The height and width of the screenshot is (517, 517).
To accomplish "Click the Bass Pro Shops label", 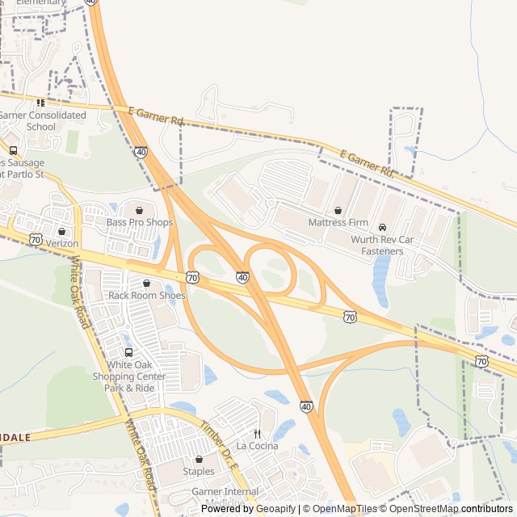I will [x=140, y=222].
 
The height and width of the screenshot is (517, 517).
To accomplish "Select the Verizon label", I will [x=62, y=243].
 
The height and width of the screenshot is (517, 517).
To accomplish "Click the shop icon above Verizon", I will [x=62, y=231].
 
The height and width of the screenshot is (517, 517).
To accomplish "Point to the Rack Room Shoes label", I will [x=147, y=296].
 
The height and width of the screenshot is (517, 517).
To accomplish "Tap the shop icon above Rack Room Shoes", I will [x=146, y=284].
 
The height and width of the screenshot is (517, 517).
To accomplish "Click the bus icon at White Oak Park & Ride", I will [x=128, y=352].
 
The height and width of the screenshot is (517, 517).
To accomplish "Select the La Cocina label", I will [x=257, y=446].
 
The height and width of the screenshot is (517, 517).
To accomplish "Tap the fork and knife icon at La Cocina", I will [x=257, y=434].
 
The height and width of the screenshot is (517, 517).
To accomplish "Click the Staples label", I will [x=199, y=472].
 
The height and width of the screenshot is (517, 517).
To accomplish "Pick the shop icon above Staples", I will [x=199, y=460].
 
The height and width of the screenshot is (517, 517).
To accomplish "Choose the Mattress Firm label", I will [x=338, y=222].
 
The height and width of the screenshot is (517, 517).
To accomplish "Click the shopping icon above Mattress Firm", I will [x=337, y=209].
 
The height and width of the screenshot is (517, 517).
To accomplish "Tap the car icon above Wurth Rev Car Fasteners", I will [x=383, y=227].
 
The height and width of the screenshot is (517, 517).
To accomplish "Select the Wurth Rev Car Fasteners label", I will [x=382, y=246].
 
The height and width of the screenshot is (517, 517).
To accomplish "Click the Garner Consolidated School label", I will [x=42, y=121].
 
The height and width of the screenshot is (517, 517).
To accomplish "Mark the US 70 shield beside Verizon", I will [x=35, y=239].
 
